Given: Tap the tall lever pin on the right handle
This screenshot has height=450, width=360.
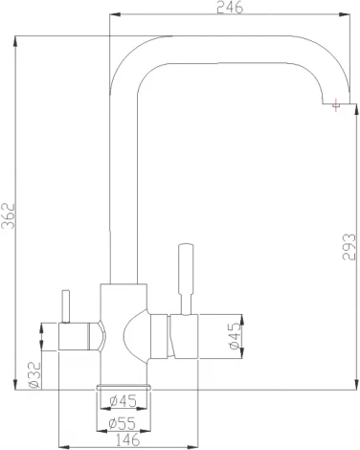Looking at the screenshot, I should click(183, 277).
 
